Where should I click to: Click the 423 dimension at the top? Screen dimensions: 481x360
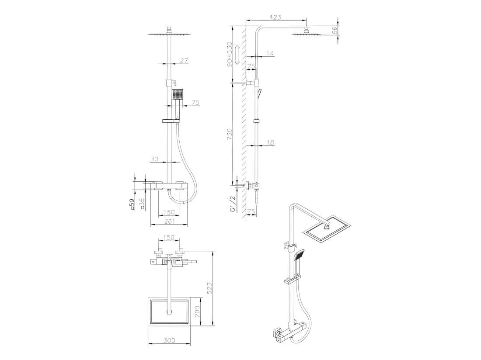275,17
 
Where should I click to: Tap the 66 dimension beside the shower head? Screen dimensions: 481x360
335,30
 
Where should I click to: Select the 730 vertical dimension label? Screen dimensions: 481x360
229,134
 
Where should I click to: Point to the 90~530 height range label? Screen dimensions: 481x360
229,55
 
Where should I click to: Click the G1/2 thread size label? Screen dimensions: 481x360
233,204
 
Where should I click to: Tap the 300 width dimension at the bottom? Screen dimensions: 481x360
169,340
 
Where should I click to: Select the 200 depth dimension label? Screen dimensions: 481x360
197,311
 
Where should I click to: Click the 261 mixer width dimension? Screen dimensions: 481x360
169,221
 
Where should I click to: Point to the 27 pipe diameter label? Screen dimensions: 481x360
184,61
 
